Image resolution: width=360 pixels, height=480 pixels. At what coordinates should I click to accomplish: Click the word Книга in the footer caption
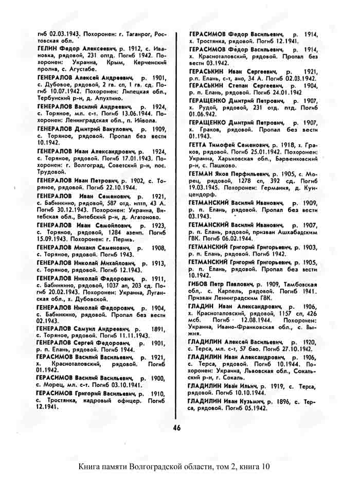[93, 467]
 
